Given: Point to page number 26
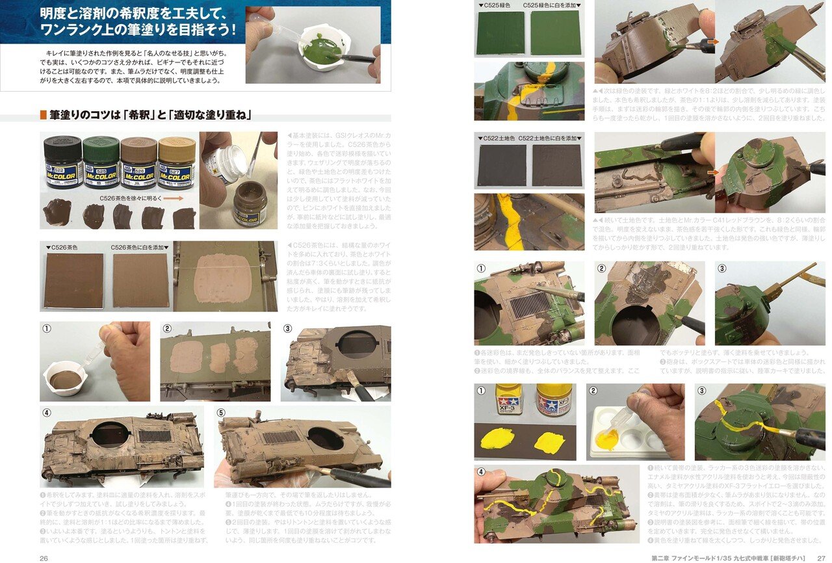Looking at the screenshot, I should (x=44, y=557).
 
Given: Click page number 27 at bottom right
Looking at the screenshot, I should (x=820, y=557).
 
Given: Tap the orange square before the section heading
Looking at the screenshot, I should (x=44, y=116).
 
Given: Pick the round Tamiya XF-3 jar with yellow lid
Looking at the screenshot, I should (x=554, y=399).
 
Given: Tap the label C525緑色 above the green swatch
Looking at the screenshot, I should (x=496, y=5).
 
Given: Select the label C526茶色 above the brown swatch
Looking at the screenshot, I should (x=62, y=247).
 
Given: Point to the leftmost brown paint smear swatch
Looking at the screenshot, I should (x=57, y=213).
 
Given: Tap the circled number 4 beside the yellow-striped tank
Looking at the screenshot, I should (x=481, y=473).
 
